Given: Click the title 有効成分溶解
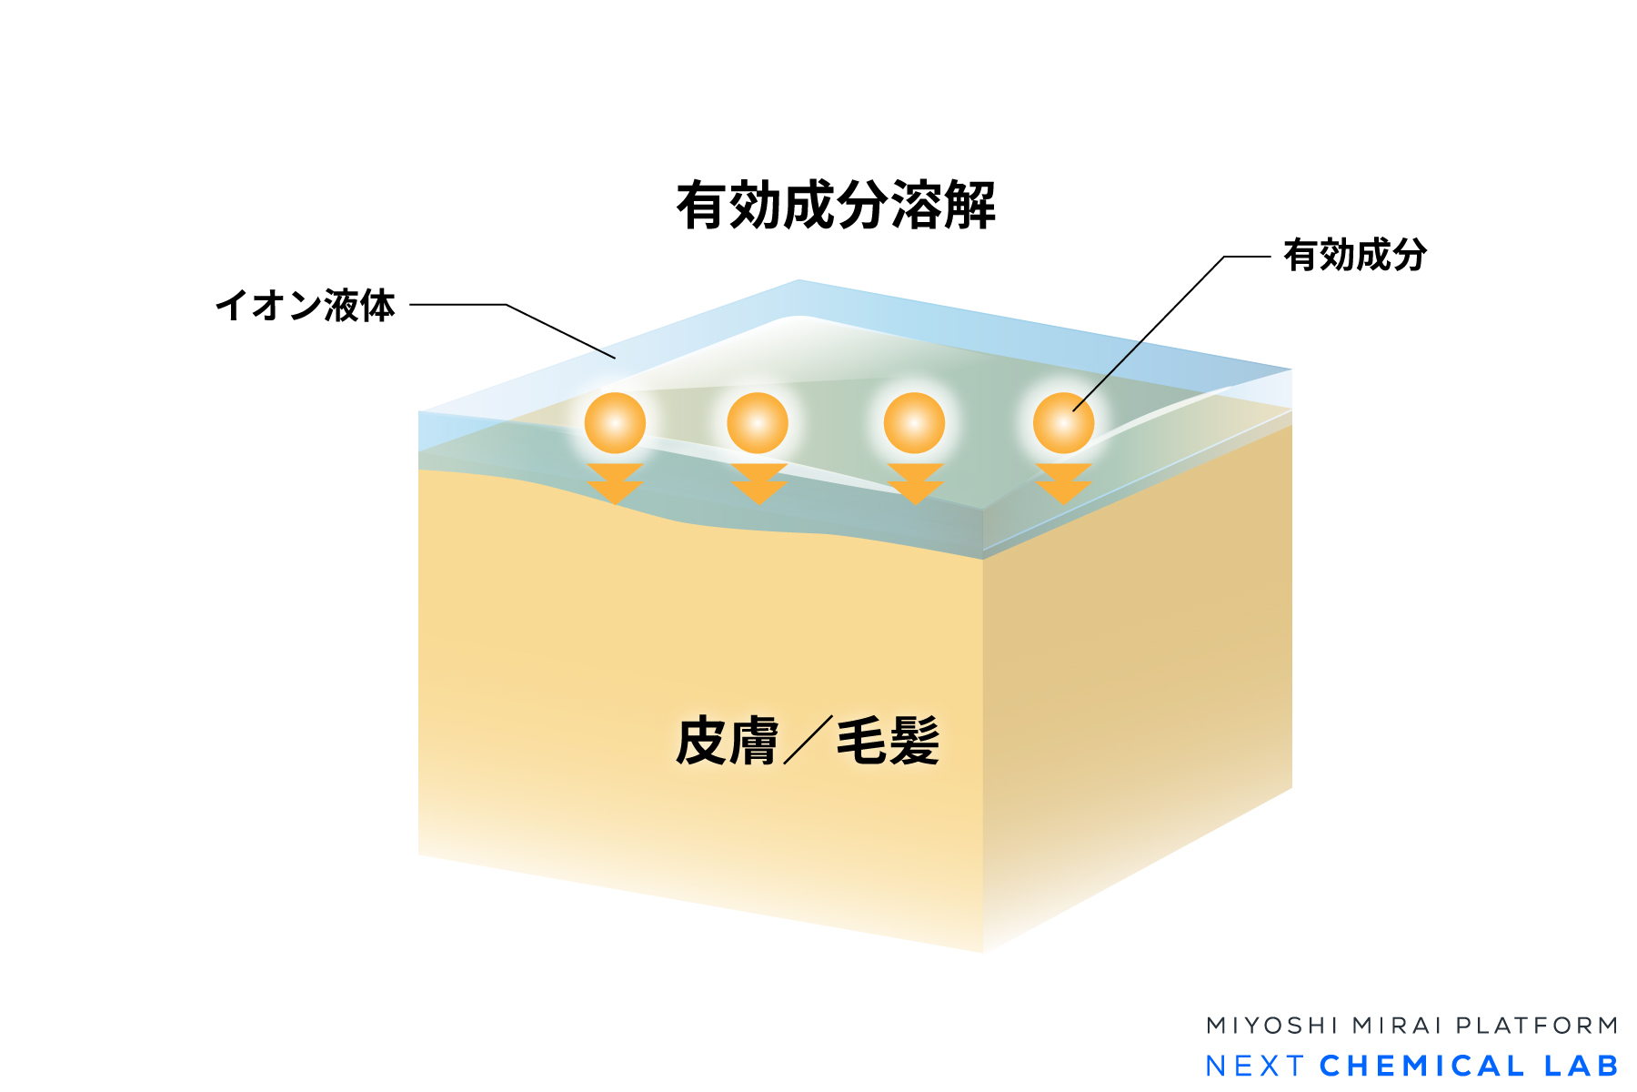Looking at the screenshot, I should [835, 206].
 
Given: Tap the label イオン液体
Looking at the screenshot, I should [306, 306].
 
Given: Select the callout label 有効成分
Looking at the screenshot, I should [1354, 256].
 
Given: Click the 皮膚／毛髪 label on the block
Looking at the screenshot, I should [807, 741].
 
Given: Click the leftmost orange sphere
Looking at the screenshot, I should [615, 423].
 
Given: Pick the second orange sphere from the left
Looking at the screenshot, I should [758, 423].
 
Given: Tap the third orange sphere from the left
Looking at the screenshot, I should [914, 423].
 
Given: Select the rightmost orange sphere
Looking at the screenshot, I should [1063, 423].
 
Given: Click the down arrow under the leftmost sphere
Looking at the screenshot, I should [615, 483].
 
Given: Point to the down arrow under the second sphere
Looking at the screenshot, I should [758, 483].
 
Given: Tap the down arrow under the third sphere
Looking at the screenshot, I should [915, 483].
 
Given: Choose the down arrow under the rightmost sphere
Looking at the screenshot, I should [1063, 483].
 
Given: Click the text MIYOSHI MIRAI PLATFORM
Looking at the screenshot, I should [1411, 1026].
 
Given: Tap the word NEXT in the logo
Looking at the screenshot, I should [1255, 1066].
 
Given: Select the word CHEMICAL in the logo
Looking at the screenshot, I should [1421, 1066].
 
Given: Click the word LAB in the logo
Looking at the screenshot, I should [1582, 1066].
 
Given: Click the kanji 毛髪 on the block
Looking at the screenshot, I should [888, 741].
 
